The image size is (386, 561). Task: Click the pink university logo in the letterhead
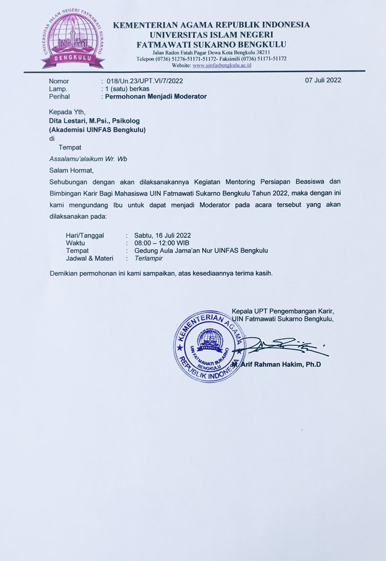73,40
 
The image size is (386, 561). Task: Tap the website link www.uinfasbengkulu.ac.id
222,65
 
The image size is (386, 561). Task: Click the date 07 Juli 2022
323,80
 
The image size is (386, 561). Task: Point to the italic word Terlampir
149,258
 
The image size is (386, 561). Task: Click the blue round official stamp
209,346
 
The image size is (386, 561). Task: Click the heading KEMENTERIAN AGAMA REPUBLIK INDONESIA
211,25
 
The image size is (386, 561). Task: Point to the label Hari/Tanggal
85,235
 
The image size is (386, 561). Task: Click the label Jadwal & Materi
89,258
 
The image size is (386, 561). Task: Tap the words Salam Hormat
71,170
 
